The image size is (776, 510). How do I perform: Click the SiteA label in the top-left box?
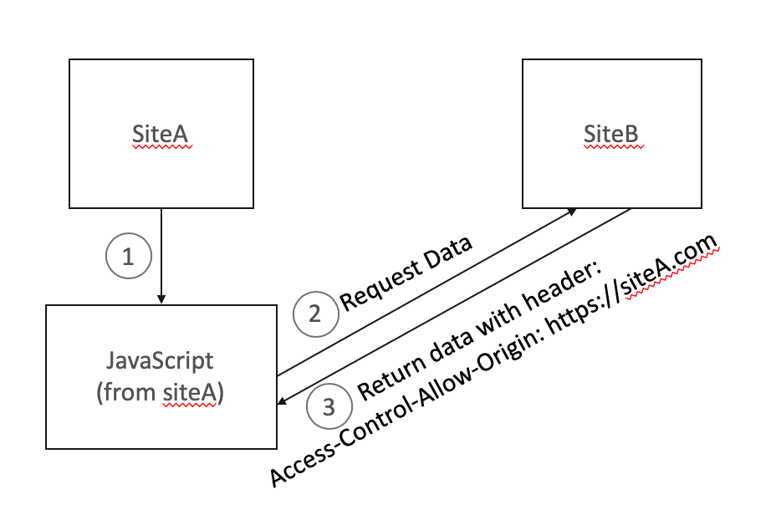tap(162, 134)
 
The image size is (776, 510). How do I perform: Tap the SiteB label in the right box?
tap(615, 133)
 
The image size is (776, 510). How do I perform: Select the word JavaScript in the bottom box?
tap(160, 361)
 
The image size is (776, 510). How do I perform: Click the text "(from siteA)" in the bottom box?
tap(160, 392)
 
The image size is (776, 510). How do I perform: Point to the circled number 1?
tap(128, 258)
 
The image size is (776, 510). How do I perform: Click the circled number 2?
tap(314, 314)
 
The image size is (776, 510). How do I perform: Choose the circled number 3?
tap(328, 407)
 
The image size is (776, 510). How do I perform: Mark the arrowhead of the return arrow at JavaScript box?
tap(283, 403)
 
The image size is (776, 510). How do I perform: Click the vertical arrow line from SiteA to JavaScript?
tap(161, 251)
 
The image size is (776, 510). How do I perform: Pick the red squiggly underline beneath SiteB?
tap(615, 146)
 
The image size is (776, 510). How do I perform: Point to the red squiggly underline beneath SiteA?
tap(162, 147)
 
